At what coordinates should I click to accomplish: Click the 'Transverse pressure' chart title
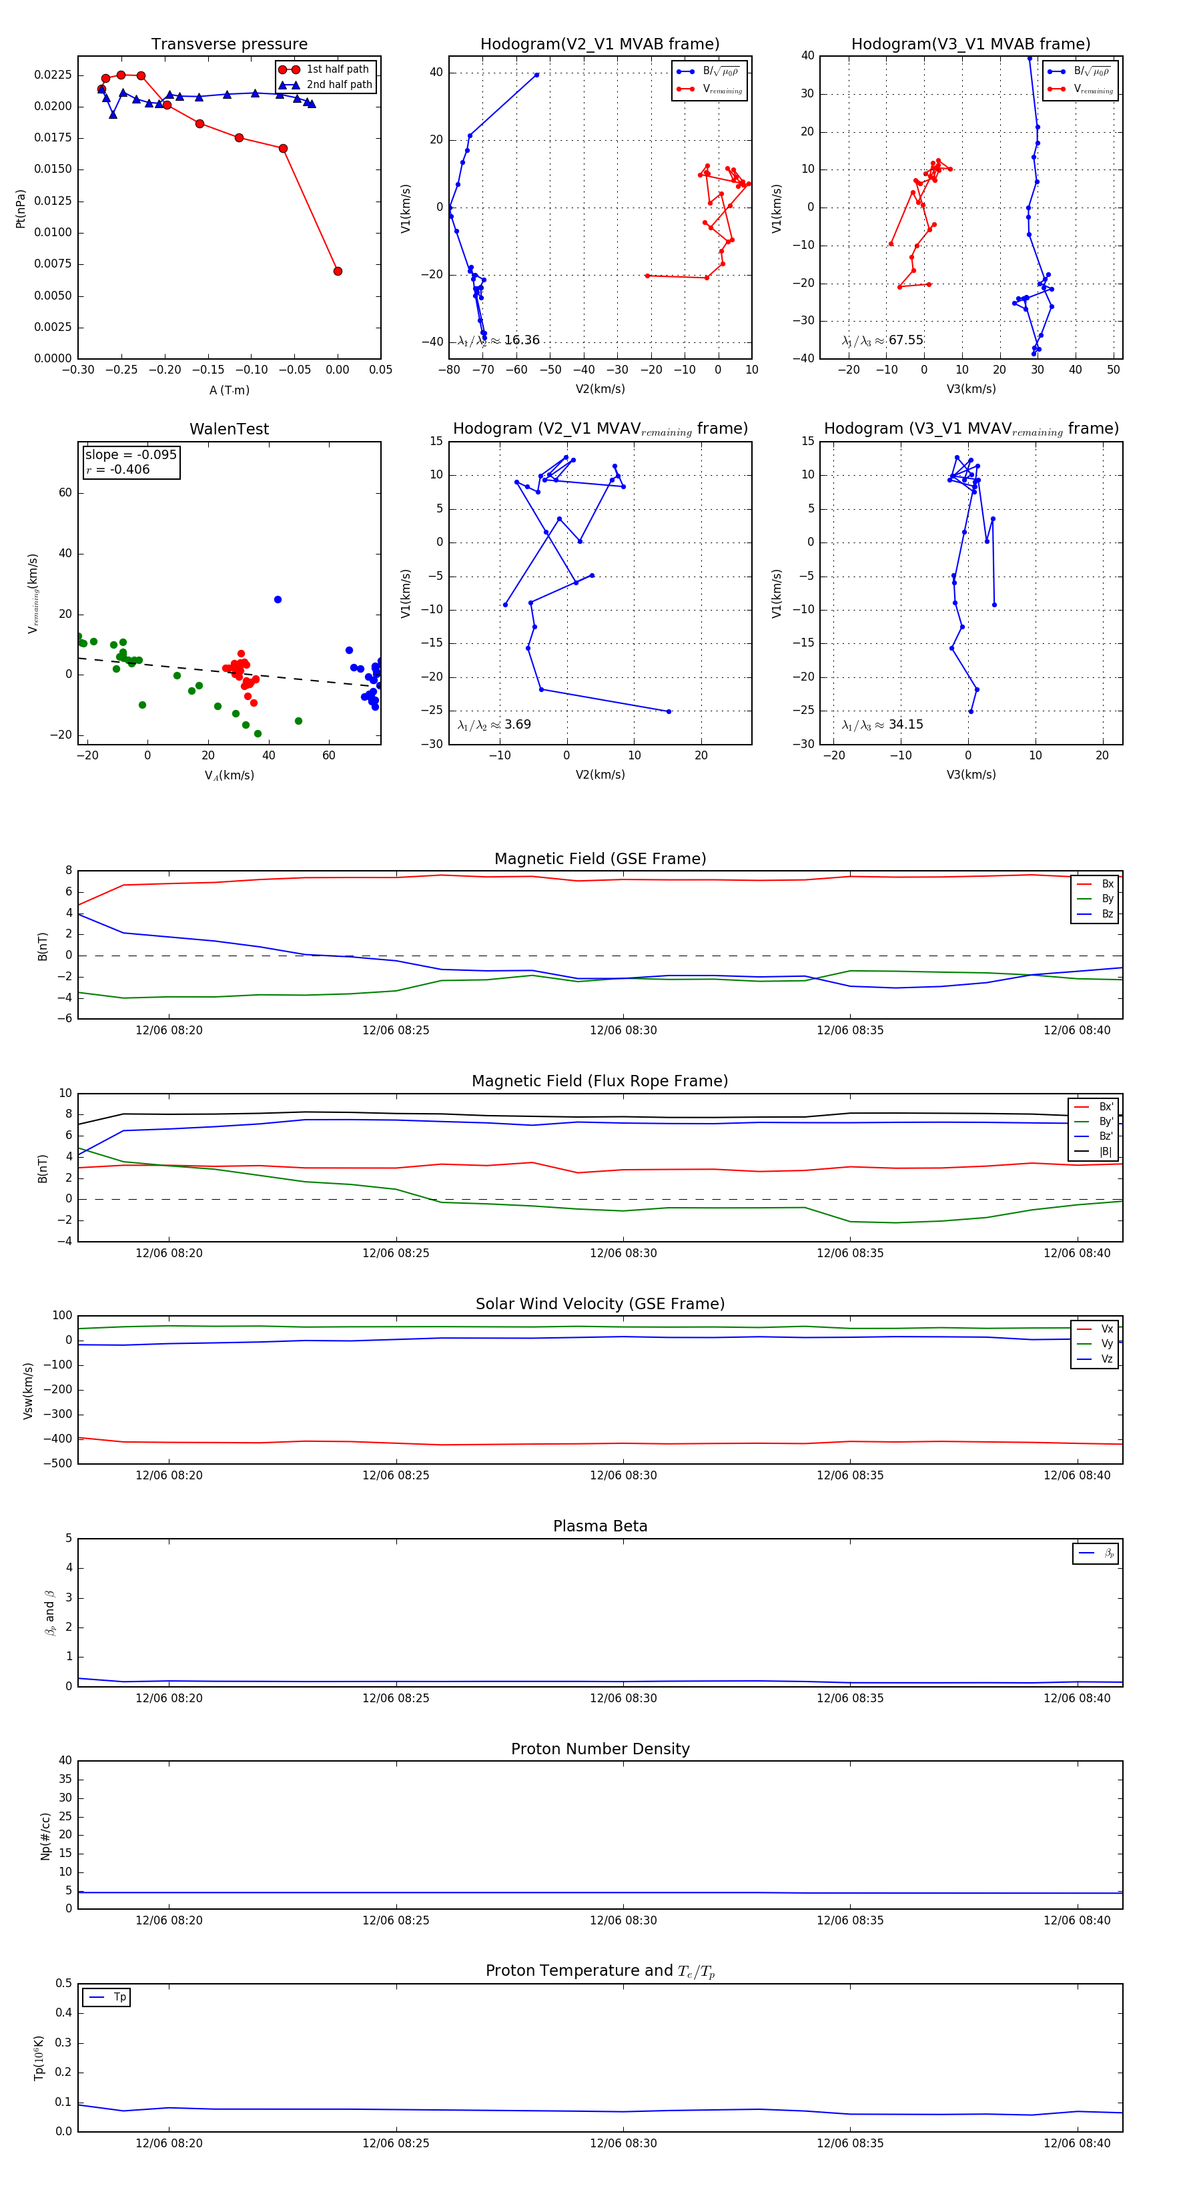point(229,45)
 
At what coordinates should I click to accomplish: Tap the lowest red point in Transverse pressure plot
point(338,271)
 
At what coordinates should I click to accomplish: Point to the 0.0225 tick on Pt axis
point(52,75)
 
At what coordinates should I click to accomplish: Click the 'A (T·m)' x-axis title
point(229,390)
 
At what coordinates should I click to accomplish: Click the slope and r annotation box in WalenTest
point(131,462)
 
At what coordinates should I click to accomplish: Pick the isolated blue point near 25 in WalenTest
point(278,599)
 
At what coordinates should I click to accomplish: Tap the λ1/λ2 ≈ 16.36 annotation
point(498,340)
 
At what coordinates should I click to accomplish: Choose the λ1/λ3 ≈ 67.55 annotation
point(882,340)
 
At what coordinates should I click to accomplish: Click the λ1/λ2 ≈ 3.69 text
point(494,725)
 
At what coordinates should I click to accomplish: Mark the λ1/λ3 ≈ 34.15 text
point(882,725)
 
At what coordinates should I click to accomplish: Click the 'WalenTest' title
point(229,429)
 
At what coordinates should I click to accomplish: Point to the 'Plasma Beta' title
point(600,1526)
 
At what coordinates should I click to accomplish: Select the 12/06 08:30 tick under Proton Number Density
point(623,1920)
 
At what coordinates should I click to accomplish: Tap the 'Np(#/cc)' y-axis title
point(45,1836)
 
